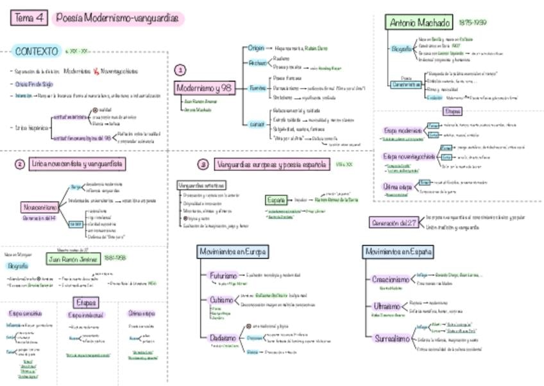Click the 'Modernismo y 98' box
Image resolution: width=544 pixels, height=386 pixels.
[203, 87]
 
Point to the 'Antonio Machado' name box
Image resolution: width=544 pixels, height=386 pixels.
[420, 23]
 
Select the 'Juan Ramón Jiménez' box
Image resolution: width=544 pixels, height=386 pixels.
[73, 259]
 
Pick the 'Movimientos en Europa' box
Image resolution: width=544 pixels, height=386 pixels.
[232, 252]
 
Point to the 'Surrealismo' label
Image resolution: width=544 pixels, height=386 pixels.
[392, 338]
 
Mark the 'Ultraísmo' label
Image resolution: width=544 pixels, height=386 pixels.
[386, 306]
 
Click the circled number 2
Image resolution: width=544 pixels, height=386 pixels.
[19, 164]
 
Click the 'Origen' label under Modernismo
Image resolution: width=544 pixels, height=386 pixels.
[257, 48]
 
